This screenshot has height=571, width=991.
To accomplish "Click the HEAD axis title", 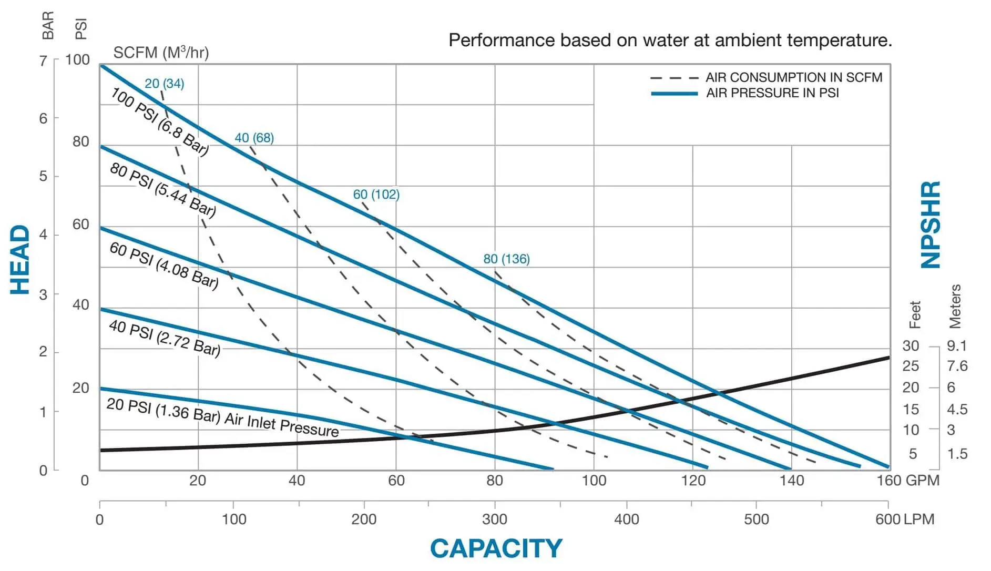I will [20, 260].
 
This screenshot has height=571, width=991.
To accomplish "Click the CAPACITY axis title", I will [496, 548].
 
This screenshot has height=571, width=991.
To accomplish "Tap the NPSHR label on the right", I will [931, 225].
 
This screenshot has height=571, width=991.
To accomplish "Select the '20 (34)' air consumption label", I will [164, 84].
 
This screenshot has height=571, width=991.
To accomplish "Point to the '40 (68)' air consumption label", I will [254, 138].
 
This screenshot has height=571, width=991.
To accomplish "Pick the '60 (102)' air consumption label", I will [376, 195].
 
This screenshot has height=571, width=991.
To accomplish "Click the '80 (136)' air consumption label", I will [506, 259].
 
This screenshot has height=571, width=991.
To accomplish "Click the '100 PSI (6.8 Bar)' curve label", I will [160, 122].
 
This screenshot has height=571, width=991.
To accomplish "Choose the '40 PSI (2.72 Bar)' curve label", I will [165, 338].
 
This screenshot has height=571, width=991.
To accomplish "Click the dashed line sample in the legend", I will [674, 78].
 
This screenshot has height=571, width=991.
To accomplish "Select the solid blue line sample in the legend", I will [674, 94].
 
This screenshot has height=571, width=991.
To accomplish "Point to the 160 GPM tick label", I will [907, 480].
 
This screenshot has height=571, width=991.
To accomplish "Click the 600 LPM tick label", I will [904, 519].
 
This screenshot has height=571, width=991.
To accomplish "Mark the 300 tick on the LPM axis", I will [494, 519].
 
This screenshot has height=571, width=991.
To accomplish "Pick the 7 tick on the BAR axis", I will [43, 60].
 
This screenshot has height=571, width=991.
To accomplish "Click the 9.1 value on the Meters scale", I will [957, 345].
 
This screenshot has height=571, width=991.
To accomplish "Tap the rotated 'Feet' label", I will [915, 314].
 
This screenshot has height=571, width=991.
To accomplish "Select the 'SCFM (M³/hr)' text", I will [161, 53].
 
